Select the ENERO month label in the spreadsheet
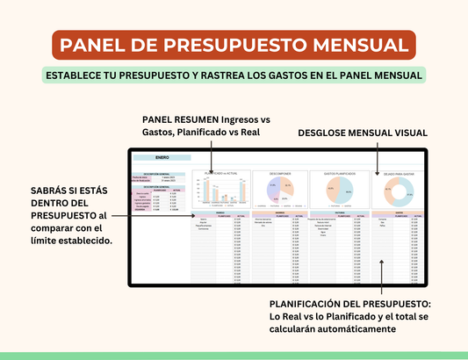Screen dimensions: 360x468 point(162,157)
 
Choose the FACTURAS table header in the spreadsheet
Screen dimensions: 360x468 point(338,212)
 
